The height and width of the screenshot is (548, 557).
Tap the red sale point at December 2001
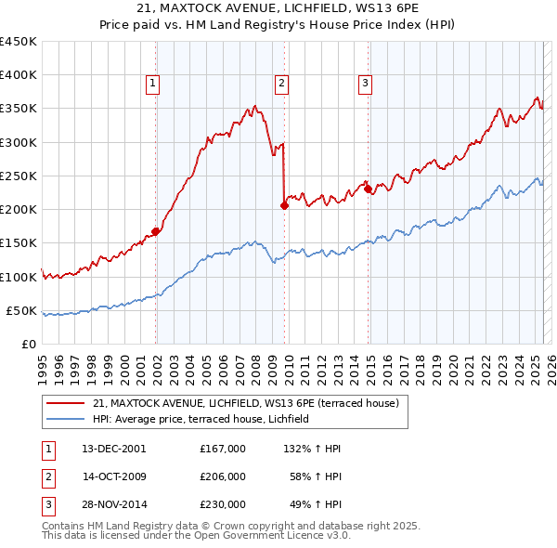(x=155, y=232)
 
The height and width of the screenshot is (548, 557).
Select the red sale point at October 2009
(x=284, y=206)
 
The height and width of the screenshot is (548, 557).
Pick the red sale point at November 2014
(x=369, y=189)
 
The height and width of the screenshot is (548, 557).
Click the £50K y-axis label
(x=22, y=310)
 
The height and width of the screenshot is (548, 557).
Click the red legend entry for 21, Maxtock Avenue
(x=246, y=403)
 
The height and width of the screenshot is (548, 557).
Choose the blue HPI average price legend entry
(x=206, y=420)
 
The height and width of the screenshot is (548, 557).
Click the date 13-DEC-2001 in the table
(x=114, y=449)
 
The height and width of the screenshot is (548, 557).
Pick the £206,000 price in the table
(x=222, y=476)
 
